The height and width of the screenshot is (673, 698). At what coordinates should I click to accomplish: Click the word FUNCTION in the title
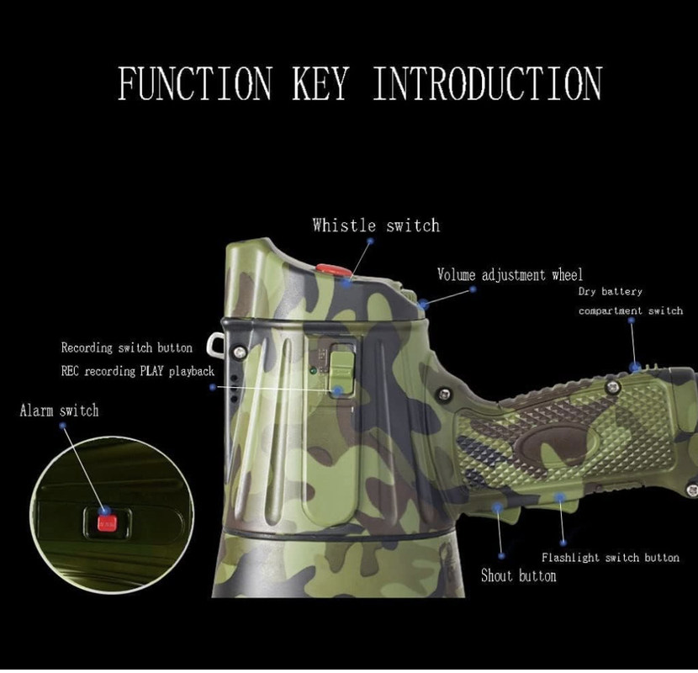coord(194,83)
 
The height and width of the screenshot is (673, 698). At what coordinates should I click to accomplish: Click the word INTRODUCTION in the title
coord(487,83)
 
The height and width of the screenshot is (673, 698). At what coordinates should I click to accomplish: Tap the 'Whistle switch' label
coord(375,225)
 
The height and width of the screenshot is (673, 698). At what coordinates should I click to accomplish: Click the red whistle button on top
coord(334,271)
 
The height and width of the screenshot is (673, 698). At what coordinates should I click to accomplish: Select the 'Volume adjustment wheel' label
coord(510,275)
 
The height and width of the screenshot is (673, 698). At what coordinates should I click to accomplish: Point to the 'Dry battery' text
coord(610,292)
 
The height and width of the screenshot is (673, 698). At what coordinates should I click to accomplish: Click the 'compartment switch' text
coord(631,311)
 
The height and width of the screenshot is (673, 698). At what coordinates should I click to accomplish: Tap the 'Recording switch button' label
coord(126,347)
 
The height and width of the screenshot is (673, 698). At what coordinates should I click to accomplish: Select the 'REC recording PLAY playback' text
coord(137,371)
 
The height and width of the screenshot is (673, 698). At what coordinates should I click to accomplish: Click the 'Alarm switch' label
coord(59,411)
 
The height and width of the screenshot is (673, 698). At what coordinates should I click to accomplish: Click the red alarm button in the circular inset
coord(105,523)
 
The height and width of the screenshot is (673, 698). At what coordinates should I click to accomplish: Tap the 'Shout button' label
coord(518,576)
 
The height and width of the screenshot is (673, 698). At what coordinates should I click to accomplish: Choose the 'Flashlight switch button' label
coord(610,558)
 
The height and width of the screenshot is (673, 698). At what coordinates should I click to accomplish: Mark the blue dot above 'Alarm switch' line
coord(63,427)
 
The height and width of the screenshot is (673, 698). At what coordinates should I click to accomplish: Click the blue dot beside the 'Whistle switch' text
coord(369,241)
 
